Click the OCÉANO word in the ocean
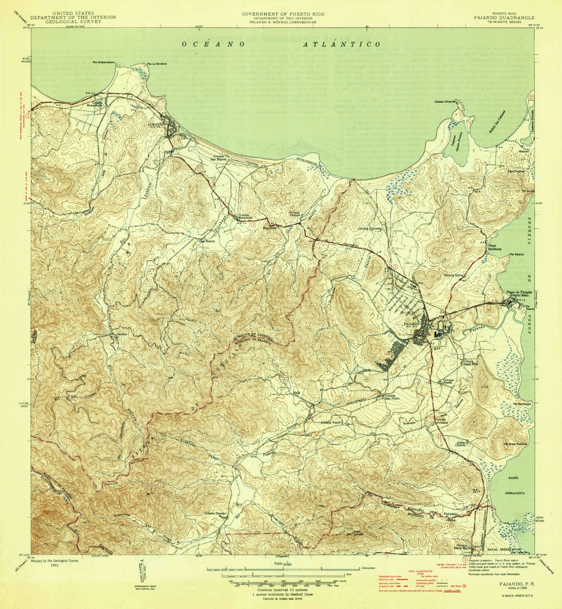[214, 45]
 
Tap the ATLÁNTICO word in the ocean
[342, 45]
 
